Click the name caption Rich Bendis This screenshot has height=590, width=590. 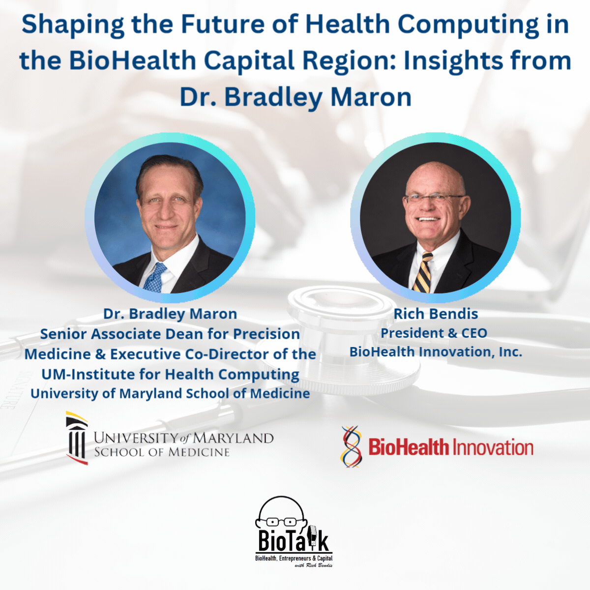(436, 314)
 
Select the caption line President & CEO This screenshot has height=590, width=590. (434, 333)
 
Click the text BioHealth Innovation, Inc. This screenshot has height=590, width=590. (436, 352)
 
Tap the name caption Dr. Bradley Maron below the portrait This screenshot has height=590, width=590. (170, 314)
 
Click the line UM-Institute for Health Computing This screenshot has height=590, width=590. (170, 374)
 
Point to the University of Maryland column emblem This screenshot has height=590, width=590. (77, 438)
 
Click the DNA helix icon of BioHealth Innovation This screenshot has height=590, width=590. (351, 446)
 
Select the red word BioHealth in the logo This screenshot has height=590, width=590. (409, 447)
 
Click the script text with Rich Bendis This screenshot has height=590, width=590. (313, 565)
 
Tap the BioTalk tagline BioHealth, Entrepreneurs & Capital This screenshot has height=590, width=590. (294, 559)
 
